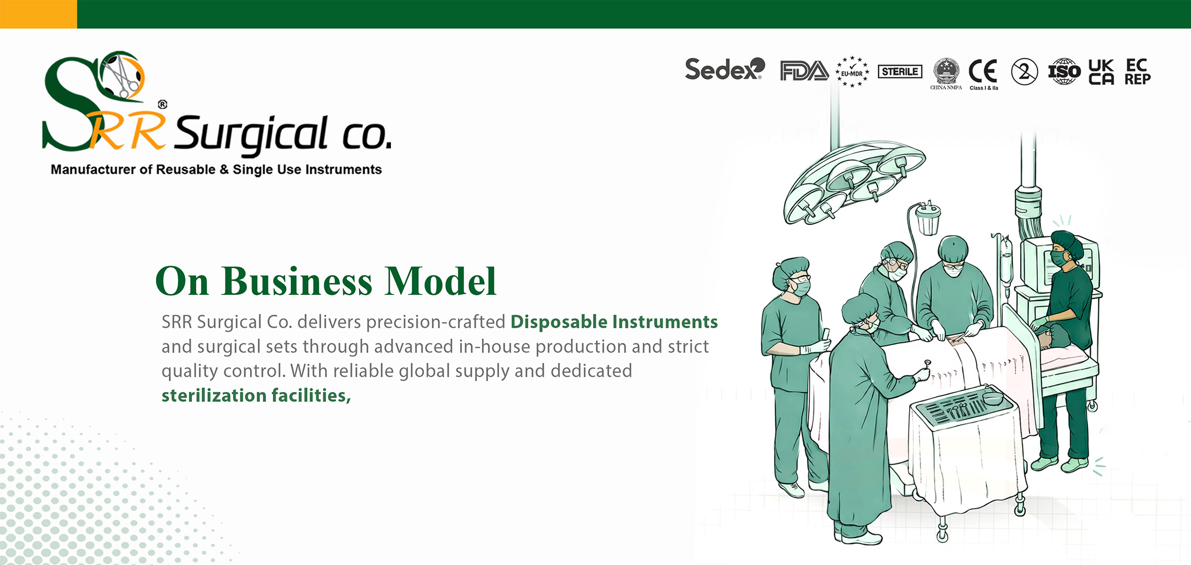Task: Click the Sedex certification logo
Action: [725, 69]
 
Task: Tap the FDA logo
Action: [804, 71]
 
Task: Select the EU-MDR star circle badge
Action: [852, 72]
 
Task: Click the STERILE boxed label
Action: [900, 72]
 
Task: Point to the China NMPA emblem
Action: [946, 74]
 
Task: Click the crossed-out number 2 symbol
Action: [1024, 72]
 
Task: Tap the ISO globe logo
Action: [1064, 72]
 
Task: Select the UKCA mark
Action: [1101, 72]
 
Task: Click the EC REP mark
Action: [1137, 72]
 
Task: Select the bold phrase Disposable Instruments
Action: [614, 322]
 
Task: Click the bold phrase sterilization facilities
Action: [256, 395]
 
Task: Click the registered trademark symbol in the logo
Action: [163, 104]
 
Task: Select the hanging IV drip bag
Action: [1006, 265]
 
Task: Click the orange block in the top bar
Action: [39, 14]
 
